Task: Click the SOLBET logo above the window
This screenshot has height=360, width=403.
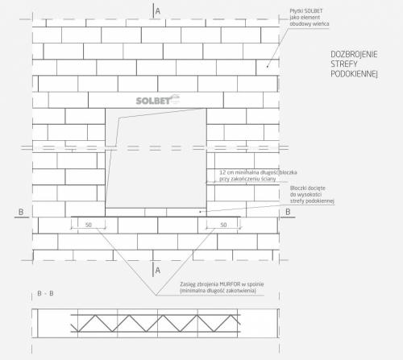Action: click(x=158, y=100)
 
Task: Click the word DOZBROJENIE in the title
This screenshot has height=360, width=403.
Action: click(x=354, y=55)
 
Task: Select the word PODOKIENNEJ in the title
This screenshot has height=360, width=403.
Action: click(x=354, y=74)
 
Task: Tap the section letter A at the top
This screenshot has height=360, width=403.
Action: click(x=158, y=11)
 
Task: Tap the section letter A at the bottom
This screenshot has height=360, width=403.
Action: click(x=158, y=270)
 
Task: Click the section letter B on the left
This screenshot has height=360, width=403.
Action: click(x=21, y=212)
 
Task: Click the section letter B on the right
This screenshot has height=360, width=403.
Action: click(x=288, y=212)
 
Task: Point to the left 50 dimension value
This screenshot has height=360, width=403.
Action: click(x=89, y=225)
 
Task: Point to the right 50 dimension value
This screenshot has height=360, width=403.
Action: click(x=223, y=225)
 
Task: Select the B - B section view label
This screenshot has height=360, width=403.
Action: click(x=45, y=293)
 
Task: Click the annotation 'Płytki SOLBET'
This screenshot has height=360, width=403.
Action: click(x=306, y=11)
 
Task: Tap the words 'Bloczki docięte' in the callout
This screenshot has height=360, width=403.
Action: click(x=308, y=188)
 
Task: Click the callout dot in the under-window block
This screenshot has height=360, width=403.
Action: click(x=200, y=212)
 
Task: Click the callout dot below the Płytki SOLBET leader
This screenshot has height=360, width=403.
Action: click(x=267, y=66)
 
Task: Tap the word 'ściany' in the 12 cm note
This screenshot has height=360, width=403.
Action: click(x=268, y=179)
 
